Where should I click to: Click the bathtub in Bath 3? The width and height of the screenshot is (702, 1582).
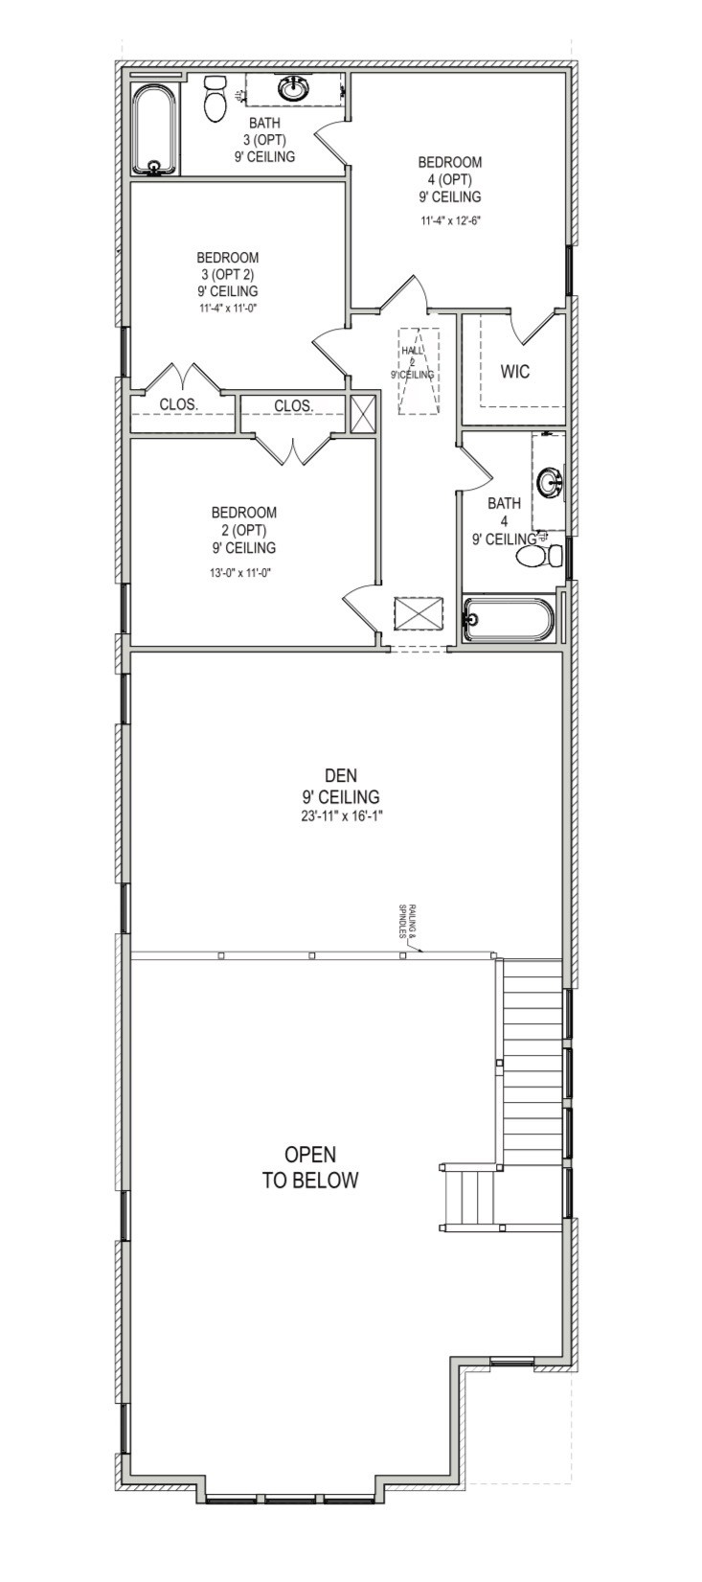point(154,131)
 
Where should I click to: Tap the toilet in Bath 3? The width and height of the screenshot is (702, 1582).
point(215,98)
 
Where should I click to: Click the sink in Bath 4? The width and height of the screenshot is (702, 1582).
point(551,482)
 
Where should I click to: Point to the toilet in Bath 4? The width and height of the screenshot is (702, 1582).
point(539,555)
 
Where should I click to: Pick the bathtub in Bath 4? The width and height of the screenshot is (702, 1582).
point(508,619)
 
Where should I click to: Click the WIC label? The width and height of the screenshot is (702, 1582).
point(515,371)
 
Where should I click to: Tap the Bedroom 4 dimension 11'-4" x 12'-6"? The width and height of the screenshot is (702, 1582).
point(449,220)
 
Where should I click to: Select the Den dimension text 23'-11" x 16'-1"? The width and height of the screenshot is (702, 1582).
point(339,815)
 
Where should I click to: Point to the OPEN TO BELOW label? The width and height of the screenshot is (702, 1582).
point(310,1167)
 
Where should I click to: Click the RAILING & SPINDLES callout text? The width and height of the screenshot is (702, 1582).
point(406,922)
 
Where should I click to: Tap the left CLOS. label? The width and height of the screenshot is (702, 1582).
point(178,404)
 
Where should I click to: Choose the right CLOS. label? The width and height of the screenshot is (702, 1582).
point(293,405)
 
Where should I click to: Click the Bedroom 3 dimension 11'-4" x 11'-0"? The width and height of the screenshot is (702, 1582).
point(228,309)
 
